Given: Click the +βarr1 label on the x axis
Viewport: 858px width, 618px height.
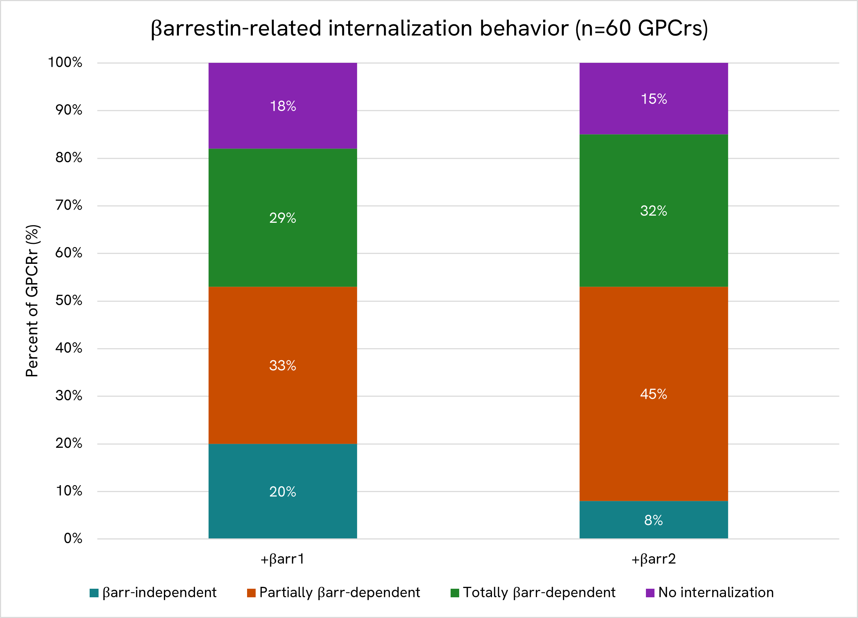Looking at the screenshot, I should [282, 559].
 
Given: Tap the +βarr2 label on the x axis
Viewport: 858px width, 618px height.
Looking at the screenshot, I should [653, 559].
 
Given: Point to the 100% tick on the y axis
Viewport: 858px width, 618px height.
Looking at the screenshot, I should [65, 62].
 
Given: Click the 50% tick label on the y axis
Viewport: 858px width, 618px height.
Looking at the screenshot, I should [69, 301].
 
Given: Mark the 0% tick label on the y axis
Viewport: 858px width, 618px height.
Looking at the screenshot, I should [73, 539].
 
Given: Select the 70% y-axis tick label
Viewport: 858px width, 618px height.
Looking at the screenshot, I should [69, 205].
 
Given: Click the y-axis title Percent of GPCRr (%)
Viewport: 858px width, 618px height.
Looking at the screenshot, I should [32, 301].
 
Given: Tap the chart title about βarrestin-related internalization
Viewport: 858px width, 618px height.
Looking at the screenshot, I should [429, 28].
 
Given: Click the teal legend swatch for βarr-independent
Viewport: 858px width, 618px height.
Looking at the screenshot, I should [94, 593].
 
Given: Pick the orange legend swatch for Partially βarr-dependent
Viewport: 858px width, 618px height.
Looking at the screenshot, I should [251, 593].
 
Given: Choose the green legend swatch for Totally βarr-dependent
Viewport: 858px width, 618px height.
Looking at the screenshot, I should [455, 593].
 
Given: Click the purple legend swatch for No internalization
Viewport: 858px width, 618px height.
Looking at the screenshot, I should [650, 593].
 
